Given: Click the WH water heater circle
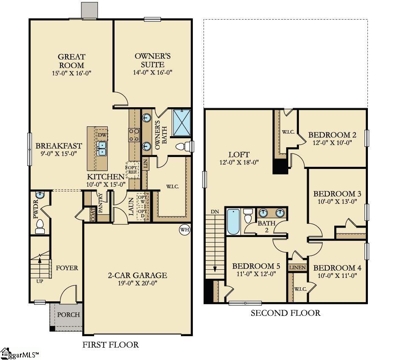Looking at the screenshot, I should point(184,230).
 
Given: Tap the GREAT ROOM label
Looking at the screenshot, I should point(72,61).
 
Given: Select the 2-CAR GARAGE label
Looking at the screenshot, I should point(137,275).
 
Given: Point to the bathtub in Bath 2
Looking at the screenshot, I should point(233,221).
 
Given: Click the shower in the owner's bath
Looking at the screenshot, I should point(181,123).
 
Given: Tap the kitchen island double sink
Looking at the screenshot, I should point(102,148).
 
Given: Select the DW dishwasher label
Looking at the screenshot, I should point(102,135).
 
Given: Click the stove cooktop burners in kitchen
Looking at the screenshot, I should point(135,135).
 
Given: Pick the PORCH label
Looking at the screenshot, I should point(69,315).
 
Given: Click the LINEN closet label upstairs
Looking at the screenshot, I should point(297,268).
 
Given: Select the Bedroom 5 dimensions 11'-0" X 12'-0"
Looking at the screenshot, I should point(256,274).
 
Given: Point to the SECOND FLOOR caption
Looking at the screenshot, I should point(285,313).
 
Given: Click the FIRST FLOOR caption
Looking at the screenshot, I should point(111,345).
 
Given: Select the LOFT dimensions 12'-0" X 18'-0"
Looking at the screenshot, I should point(238,162).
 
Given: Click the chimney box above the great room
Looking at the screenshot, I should point(89,10).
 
